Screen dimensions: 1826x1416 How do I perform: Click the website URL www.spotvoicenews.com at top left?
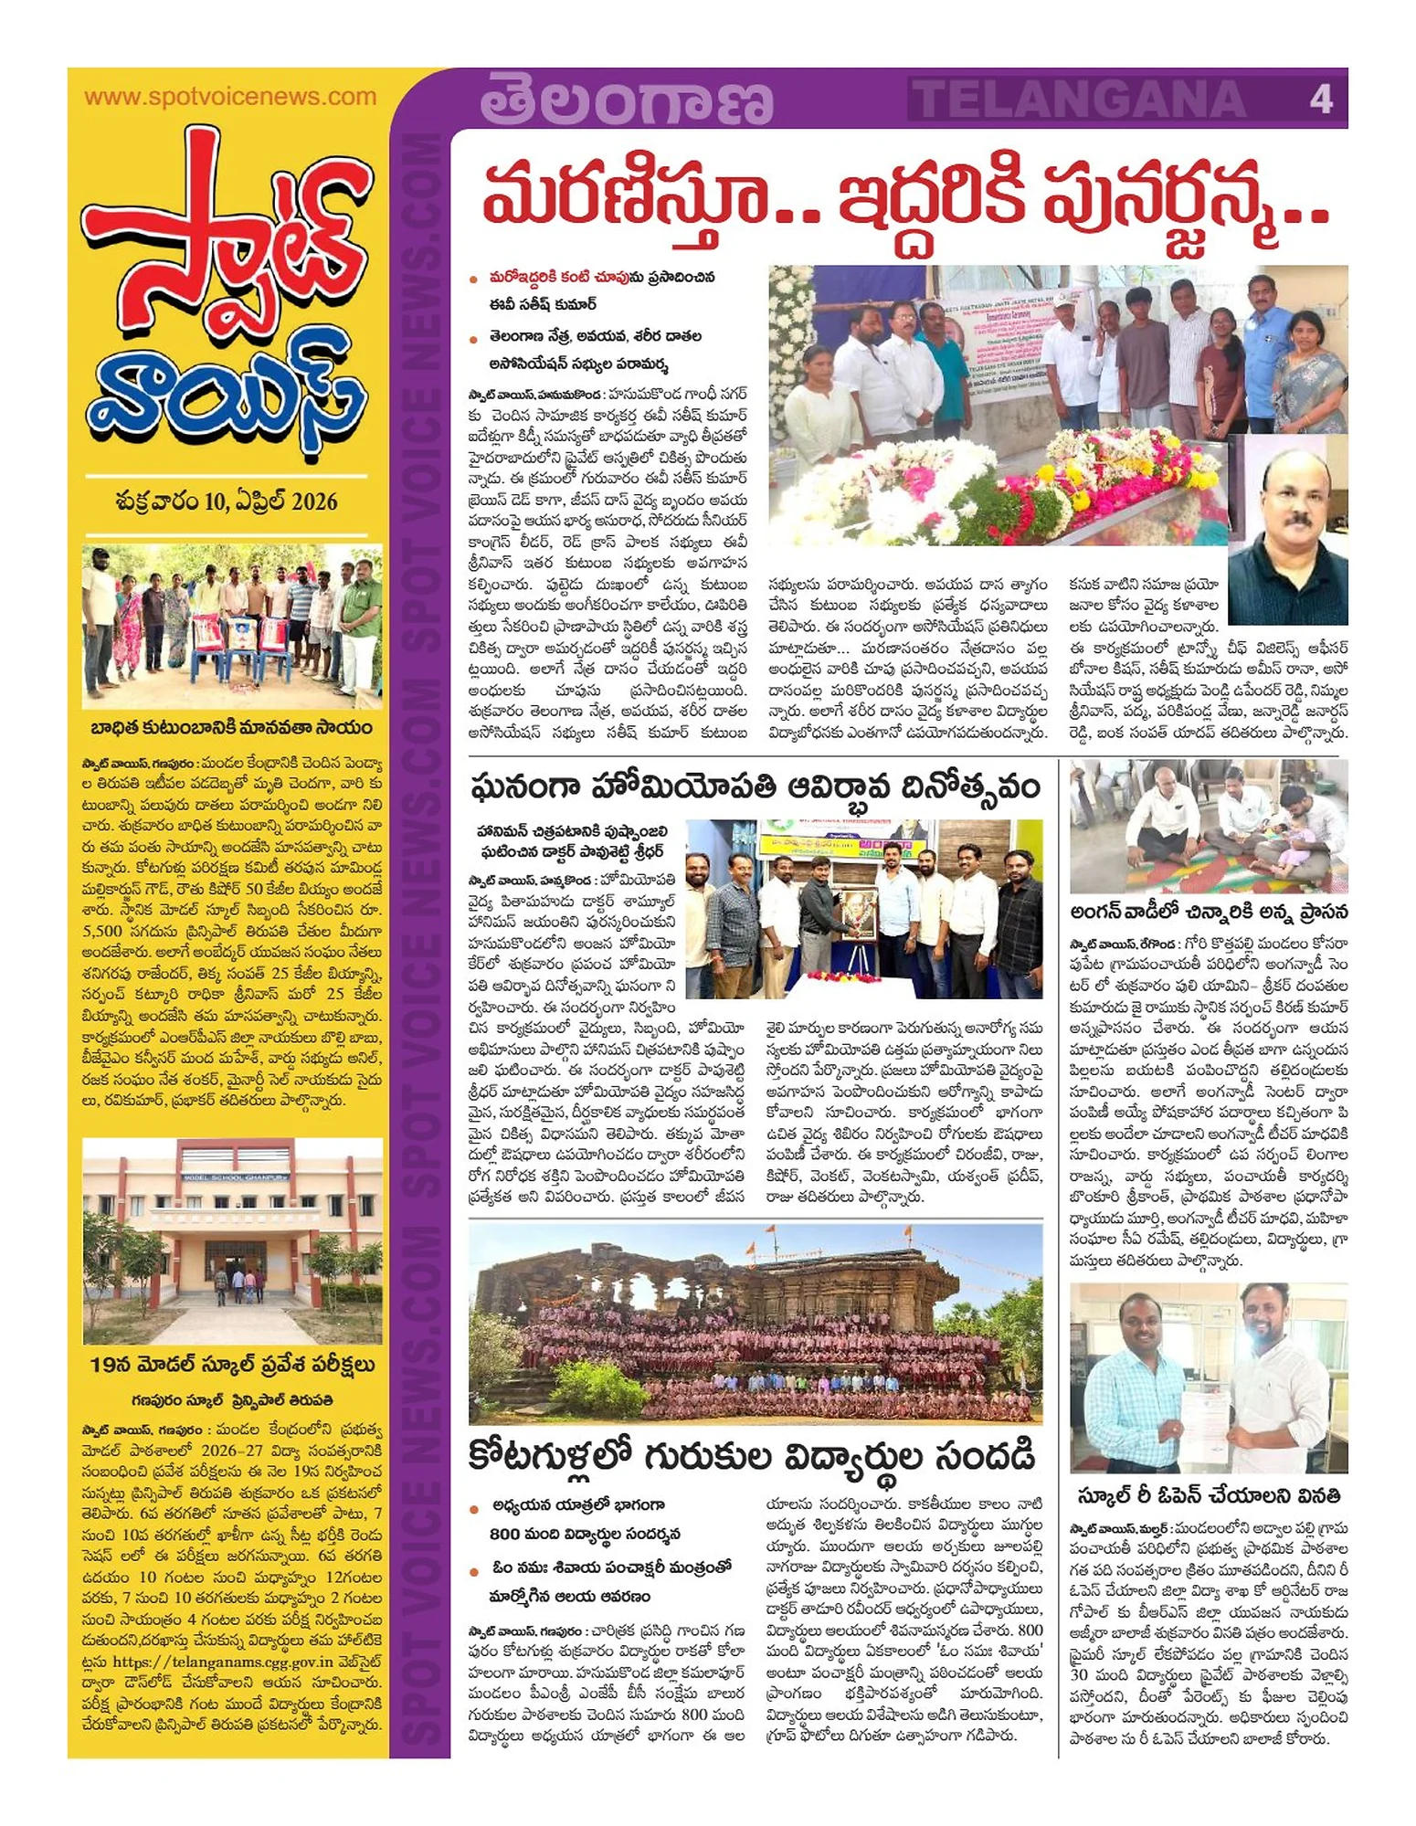229,97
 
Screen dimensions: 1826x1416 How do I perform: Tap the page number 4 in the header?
1320,98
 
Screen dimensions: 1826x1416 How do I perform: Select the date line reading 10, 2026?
227,501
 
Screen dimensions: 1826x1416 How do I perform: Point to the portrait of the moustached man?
1288,526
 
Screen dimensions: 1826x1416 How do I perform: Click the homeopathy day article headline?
756,786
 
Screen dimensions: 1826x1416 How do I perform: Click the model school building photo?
232,1240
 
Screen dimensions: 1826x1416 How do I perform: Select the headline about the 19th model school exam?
232,1366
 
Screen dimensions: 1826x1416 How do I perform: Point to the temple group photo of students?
756,1324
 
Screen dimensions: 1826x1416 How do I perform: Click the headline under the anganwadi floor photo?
1209,912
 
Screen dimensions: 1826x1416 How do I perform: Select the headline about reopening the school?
1209,1496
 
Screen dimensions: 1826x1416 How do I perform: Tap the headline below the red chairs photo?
232,728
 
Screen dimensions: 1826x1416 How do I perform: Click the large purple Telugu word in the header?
627,100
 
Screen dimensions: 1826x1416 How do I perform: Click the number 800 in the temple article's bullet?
505,1534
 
